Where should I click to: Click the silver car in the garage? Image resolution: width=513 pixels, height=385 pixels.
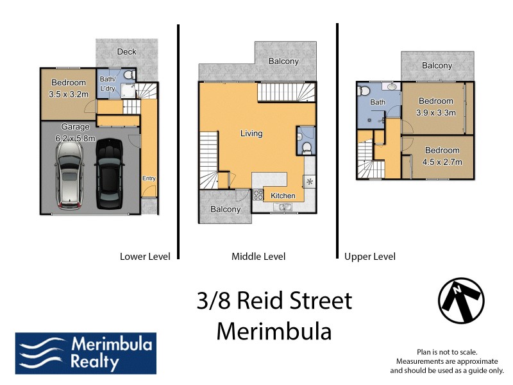pos(69,175)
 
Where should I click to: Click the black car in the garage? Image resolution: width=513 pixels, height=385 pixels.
pos(108,175)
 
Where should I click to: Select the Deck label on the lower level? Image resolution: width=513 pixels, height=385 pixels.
pos(126,51)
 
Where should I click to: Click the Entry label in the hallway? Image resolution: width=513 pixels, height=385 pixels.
pos(149,178)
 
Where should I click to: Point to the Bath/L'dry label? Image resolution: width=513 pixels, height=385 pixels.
pos(107,84)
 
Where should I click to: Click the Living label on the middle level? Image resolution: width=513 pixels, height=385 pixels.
pos(251,133)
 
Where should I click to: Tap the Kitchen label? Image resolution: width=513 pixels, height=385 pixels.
pos(283,196)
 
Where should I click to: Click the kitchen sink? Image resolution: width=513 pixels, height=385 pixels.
pos(283,207)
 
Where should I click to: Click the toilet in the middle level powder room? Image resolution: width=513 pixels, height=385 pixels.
pos(306,148)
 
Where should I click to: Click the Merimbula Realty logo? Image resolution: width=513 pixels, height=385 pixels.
pos(85,353)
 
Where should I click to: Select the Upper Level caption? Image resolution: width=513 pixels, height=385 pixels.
pos(370,257)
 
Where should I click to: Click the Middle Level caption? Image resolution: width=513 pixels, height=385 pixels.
pos(258,257)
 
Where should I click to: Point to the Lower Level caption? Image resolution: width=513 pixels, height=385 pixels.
pos(145,257)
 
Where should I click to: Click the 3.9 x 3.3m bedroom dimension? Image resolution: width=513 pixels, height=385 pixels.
pos(436,113)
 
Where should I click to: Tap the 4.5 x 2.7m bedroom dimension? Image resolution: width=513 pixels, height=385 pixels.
pos(442,163)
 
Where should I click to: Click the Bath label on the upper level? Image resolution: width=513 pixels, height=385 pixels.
pos(378,102)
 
